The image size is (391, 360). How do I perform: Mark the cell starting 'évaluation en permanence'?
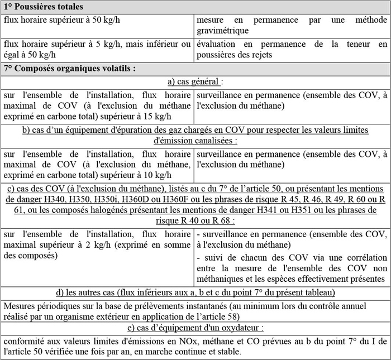(x=292, y=49)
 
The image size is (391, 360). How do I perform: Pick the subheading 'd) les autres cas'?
(x=195, y=292)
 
